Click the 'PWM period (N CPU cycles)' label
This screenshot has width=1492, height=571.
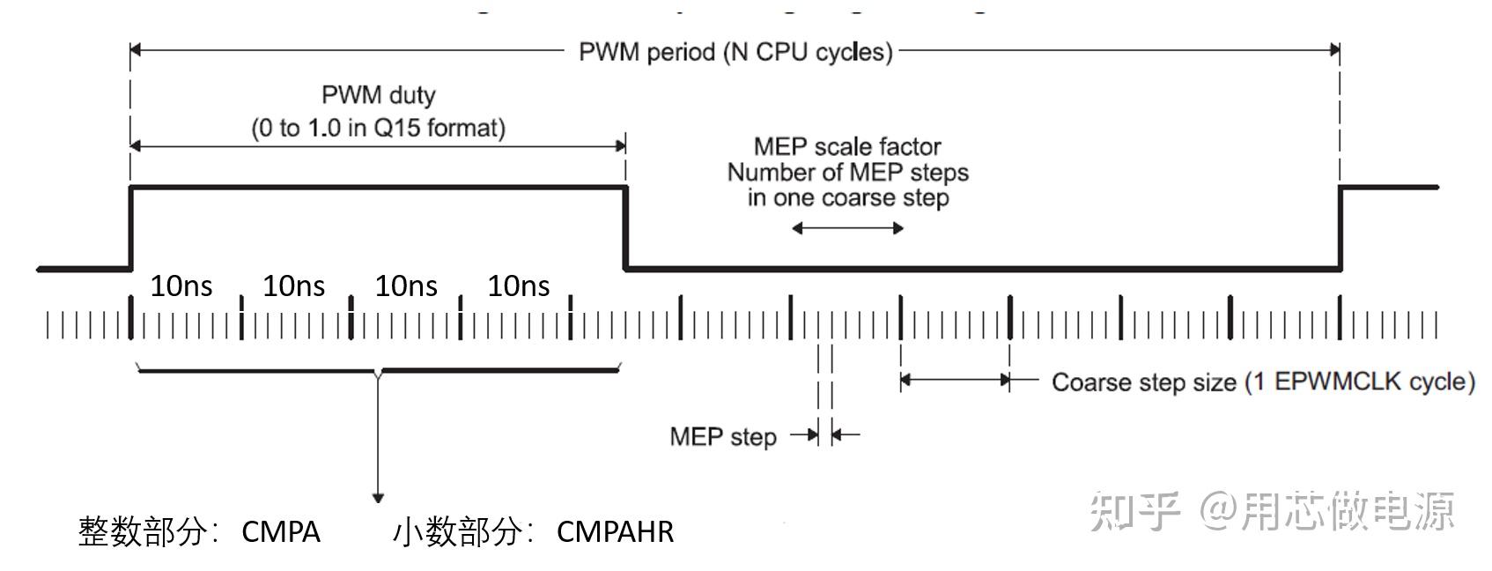[735, 52]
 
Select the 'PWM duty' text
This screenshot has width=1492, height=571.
[378, 94]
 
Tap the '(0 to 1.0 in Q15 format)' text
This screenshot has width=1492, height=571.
[378, 128]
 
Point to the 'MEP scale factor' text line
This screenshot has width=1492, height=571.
[847, 146]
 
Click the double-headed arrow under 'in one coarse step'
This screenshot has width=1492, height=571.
[847, 228]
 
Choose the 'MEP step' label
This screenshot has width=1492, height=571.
[723, 436]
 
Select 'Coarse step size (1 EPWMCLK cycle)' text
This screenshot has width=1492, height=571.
[1263, 382]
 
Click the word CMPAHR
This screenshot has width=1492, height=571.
[615, 531]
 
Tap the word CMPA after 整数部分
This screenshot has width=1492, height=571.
[280, 531]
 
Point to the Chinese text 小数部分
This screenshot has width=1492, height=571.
[457, 531]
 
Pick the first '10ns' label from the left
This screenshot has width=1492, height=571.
[181, 285]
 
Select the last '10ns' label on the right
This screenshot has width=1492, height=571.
[518, 285]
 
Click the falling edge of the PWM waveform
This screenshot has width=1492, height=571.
[625, 227]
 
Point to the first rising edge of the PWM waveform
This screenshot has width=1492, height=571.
[131, 227]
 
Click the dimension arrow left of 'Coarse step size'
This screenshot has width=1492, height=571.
[955, 381]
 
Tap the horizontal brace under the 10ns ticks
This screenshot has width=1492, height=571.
[378, 371]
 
